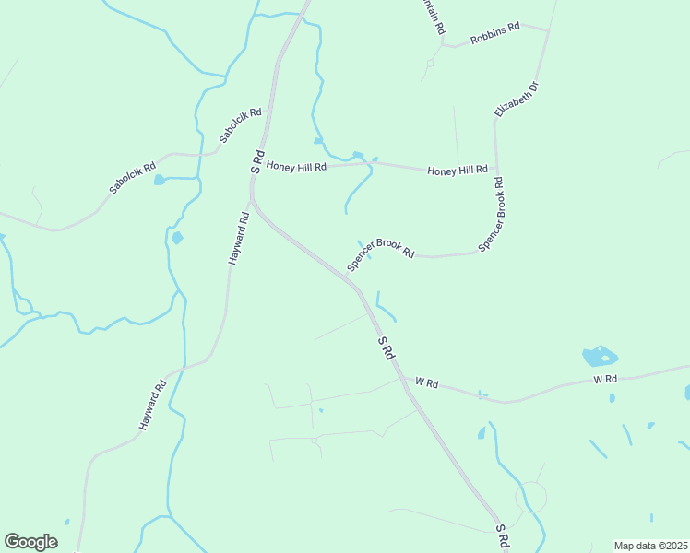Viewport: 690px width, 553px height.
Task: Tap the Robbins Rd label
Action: click(494, 33)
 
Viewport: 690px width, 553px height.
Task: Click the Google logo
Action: click(30, 542)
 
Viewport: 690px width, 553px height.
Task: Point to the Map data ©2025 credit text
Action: click(649, 546)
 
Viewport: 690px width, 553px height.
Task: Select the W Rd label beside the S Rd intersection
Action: click(426, 381)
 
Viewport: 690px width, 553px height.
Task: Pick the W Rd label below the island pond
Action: click(604, 379)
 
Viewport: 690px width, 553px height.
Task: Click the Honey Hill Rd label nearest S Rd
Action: click(296, 167)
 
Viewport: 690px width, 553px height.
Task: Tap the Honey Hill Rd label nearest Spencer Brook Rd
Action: click(457, 171)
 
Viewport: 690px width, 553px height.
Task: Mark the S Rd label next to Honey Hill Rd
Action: click(258, 161)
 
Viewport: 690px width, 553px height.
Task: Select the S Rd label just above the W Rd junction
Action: click(387, 347)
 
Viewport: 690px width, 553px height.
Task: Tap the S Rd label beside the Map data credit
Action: click(503, 534)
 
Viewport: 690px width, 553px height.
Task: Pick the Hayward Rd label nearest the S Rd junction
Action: click(239, 240)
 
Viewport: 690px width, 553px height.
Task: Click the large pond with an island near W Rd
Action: click(600, 357)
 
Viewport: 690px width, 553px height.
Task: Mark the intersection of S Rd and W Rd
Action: click(399, 376)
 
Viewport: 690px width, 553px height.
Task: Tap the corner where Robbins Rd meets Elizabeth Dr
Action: click(548, 30)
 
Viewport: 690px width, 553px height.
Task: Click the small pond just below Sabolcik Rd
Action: click(160, 180)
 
